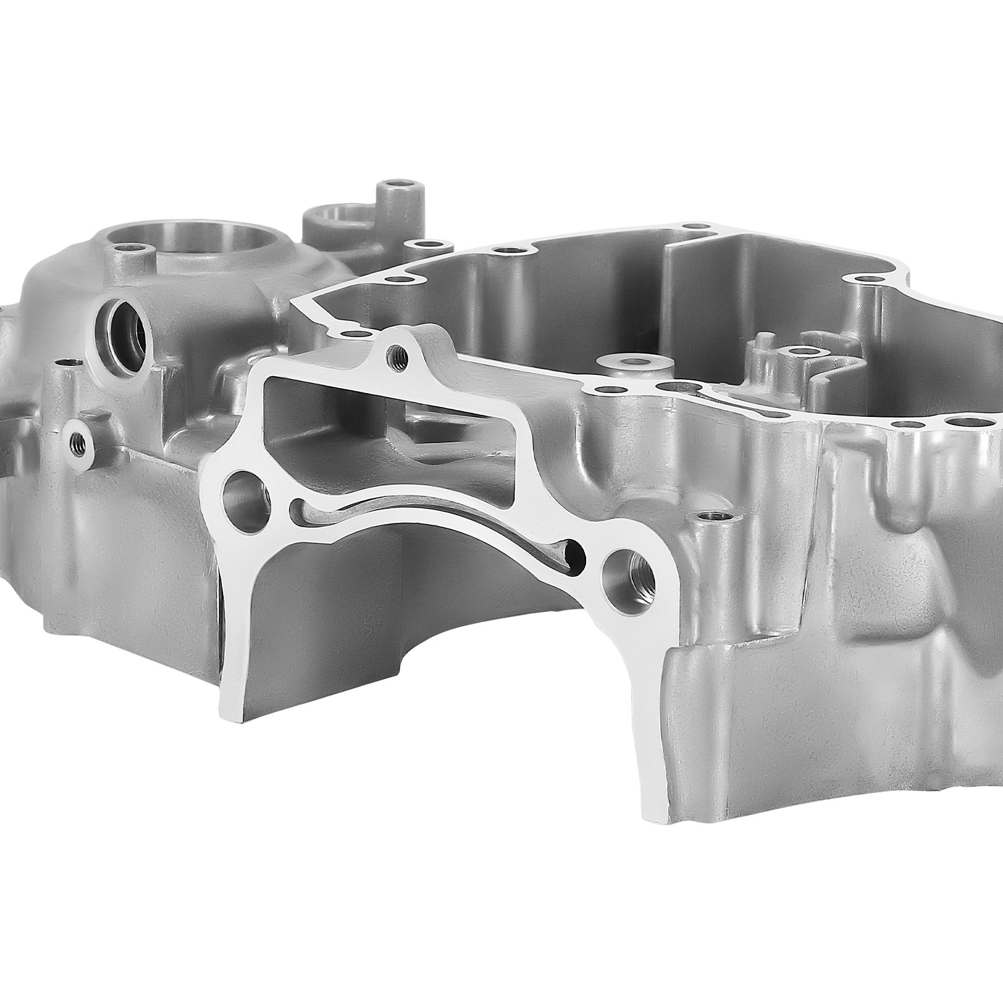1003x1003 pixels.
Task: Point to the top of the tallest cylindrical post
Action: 399,187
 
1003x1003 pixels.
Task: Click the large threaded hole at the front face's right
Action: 629,571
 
